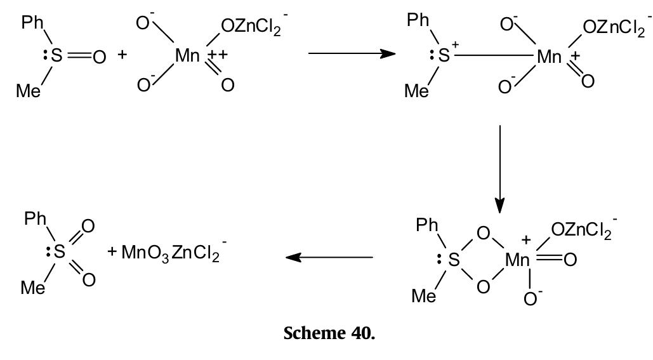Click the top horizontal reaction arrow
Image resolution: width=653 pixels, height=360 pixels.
[x=356, y=53]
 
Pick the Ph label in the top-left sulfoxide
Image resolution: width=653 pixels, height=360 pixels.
[x=33, y=23]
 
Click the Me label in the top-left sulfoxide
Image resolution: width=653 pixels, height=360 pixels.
[x=29, y=91]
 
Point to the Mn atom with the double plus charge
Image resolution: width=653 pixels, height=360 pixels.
[x=188, y=55]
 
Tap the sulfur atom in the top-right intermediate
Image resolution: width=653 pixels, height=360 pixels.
[x=444, y=56]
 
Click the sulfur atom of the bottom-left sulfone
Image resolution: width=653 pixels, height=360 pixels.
[x=59, y=253]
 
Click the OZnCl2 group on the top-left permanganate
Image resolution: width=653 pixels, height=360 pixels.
[x=253, y=26]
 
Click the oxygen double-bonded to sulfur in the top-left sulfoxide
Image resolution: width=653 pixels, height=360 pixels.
[x=99, y=57]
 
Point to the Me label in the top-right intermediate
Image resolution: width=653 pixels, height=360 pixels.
[x=416, y=91]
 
